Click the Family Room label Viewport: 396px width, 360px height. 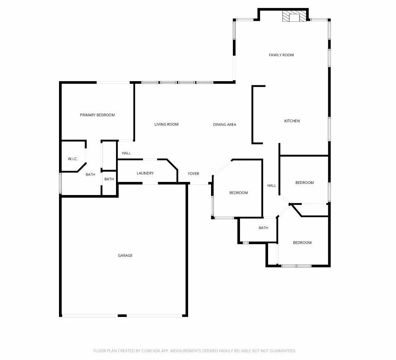click(281, 55)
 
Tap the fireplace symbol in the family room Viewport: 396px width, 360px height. click(294, 17)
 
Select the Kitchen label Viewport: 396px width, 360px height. click(292, 121)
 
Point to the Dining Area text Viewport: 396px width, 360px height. click(225, 125)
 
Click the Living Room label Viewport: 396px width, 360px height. click(166, 125)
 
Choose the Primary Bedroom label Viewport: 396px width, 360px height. click(97, 115)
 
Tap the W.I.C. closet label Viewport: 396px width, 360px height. click(72, 159)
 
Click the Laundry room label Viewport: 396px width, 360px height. click(145, 173)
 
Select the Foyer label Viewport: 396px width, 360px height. click(193, 174)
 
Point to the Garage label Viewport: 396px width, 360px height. click(125, 256)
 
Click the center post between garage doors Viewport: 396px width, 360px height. click(122, 315)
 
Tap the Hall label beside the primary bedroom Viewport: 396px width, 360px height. click(126, 153)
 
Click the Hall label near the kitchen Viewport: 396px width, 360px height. click(272, 186)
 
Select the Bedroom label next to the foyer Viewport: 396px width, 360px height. click(238, 193)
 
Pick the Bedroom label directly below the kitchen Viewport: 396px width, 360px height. click(305, 183)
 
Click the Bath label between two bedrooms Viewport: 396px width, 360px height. click(263, 228)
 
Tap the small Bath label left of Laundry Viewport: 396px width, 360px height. click(109, 179)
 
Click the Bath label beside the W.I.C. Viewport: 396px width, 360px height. click(91, 174)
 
